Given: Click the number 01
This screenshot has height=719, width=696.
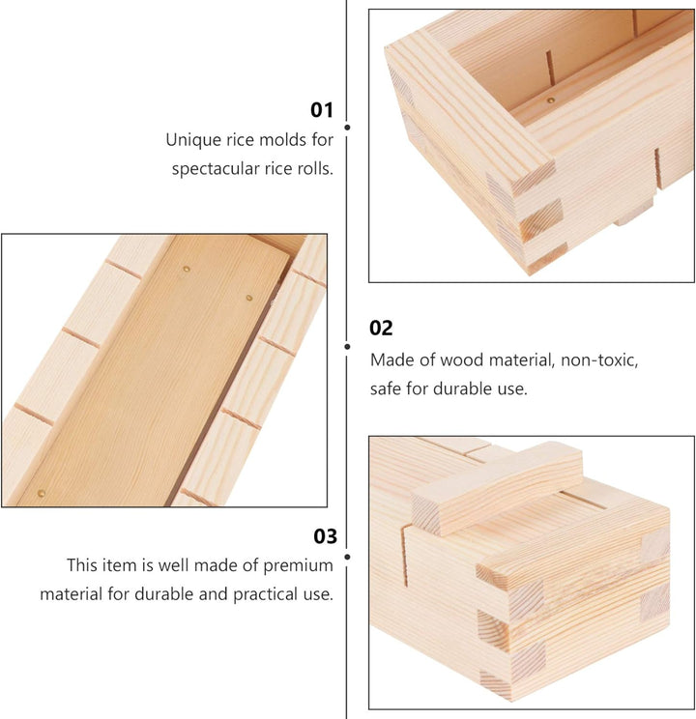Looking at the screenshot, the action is [x=322, y=110].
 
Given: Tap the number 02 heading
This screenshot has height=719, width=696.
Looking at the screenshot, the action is [x=381, y=329].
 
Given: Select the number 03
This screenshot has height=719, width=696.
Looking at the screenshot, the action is [x=326, y=536].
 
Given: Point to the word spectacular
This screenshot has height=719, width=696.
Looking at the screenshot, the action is [x=216, y=169].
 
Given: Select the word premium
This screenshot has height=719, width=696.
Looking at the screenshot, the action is [x=299, y=566].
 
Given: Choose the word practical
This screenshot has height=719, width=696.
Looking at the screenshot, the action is [x=265, y=594].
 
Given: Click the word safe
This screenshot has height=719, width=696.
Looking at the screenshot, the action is [x=386, y=388].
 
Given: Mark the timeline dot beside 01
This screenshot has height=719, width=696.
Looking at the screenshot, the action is [x=347, y=127].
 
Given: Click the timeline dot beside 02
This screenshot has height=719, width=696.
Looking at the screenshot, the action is [x=347, y=347].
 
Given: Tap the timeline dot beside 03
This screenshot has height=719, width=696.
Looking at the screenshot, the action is [x=347, y=557].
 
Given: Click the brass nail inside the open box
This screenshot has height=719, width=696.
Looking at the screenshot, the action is [x=551, y=100].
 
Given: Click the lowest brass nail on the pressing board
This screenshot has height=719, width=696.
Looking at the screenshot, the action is [x=42, y=494].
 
